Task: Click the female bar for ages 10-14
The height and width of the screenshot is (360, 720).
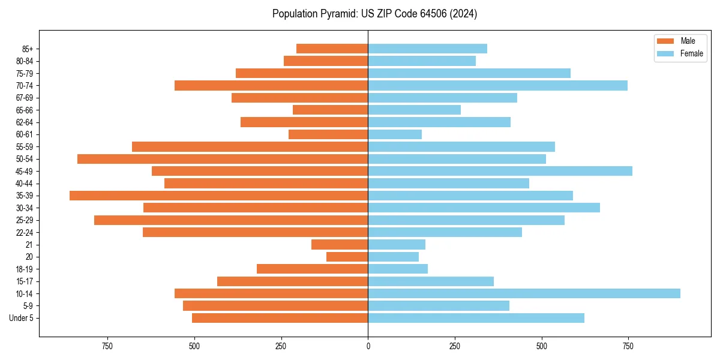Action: point(524,293)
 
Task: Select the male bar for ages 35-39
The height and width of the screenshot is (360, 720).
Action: point(218,196)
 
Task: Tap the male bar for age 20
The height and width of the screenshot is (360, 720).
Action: point(347,257)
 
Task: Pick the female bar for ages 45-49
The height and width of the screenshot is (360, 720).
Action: point(500,171)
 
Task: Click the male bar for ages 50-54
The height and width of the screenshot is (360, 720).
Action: point(223,159)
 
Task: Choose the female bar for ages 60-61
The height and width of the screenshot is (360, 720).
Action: point(395,134)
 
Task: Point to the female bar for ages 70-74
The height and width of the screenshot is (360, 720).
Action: point(497,85)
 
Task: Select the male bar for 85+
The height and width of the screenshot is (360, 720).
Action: point(332,49)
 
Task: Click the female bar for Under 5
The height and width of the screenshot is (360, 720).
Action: point(476,318)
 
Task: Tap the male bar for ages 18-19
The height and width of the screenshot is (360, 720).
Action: point(312,269)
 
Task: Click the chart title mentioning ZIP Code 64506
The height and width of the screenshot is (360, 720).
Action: point(374,14)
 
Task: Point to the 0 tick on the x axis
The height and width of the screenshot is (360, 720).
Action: point(368,347)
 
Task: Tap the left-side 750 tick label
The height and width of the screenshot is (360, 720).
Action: point(107,347)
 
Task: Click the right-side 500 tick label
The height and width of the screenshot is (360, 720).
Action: point(542,347)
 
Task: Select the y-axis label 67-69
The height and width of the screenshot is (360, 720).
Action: point(25,98)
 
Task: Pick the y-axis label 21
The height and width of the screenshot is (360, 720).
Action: point(29,245)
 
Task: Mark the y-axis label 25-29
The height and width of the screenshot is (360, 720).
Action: point(25,220)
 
